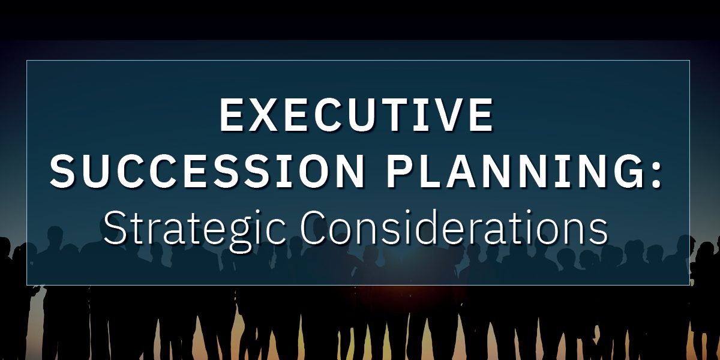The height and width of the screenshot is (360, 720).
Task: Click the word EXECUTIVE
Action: (356, 115)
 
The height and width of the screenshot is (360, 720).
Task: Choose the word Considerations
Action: (454, 227)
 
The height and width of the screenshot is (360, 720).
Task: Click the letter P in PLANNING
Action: (400, 172)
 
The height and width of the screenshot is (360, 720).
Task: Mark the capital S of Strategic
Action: (115, 227)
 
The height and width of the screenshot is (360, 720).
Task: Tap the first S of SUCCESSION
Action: (62, 172)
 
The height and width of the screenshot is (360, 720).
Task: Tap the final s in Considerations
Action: (599, 232)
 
